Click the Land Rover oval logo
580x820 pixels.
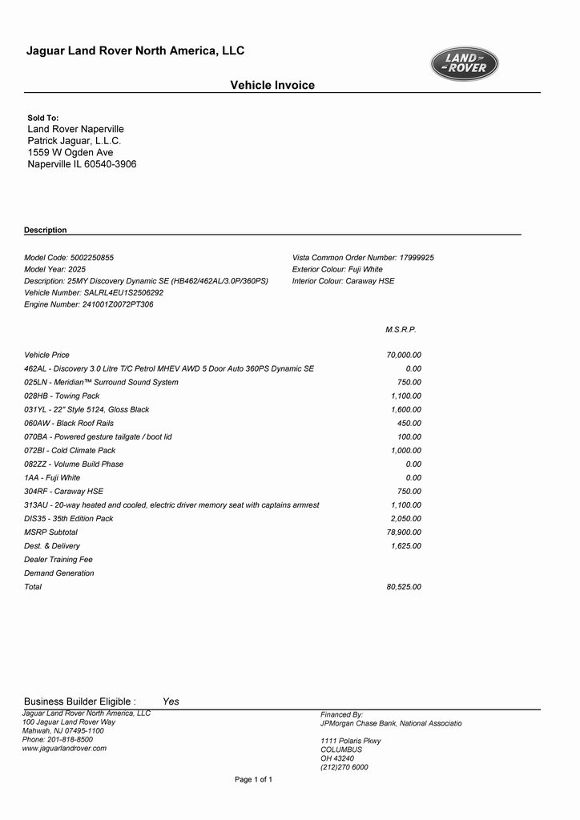click(x=465, y=64)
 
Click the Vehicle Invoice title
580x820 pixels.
click(x=272, y=85)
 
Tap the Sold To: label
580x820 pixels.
click(x=43, y=118)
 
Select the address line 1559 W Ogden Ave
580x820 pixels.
click(x=70, y=152)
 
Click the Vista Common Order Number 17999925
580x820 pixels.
click(x=417, y=258)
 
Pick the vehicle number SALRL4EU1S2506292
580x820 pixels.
click(x=123, y=293)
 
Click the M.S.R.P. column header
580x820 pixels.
click(x=401, y=329)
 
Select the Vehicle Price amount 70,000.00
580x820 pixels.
click(x=404, y=355)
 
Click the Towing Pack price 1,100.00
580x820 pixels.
click(x=406, y=396)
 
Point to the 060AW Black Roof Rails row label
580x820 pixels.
click(x=69, y=423)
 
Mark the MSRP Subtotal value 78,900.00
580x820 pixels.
click(x=404, y=532)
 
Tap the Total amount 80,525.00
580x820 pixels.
click(x=404, y=587)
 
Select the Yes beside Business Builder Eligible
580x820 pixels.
click(x=171, y=701)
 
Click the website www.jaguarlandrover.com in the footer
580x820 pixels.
click(x=64, y=748)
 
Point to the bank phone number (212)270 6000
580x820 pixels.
click(x=344, y=767)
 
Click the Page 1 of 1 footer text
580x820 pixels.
click(x=253, y=779)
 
